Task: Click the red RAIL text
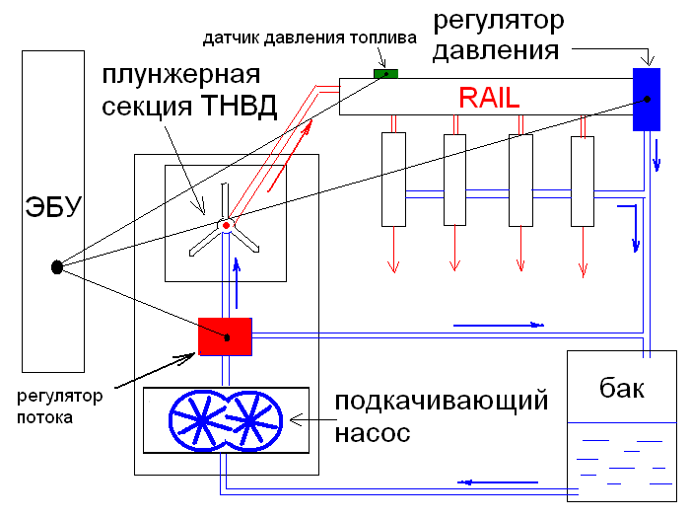[x=489, y=97]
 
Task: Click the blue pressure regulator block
[x=647, y=99]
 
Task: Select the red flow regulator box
[x=226, y=336]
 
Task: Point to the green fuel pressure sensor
[x=385, y=73]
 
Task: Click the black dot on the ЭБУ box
[x=57, y=265]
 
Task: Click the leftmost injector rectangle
[x=392, y=178]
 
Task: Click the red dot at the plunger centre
[x=226, y=226]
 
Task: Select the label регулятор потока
[x=59, y=406]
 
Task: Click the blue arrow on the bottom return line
[x=482, y=482]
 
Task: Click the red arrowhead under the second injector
[x=454, y=265]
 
